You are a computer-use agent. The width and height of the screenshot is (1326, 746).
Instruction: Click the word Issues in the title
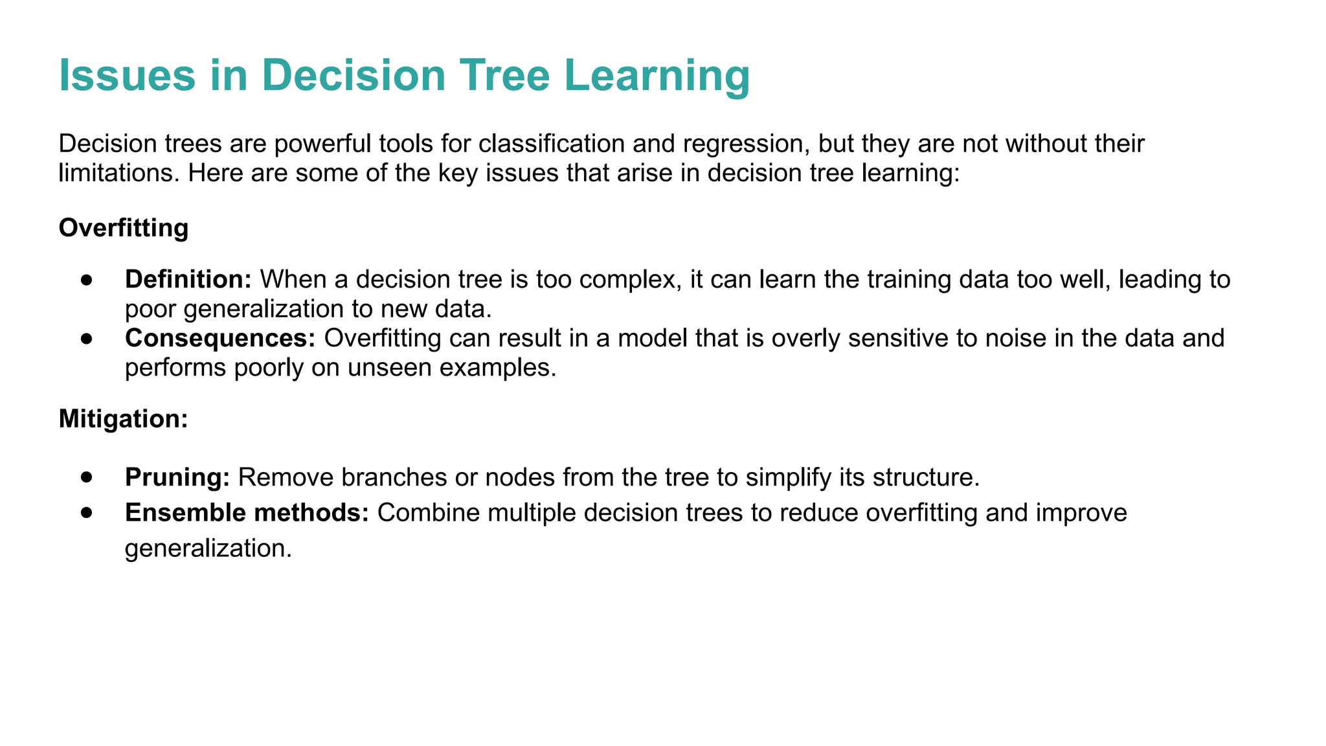(127, 75)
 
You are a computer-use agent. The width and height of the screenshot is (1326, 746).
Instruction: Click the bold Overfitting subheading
(124, 228)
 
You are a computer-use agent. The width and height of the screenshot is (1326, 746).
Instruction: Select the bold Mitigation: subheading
(123, 419)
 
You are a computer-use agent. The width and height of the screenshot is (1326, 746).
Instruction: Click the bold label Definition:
(188, 279)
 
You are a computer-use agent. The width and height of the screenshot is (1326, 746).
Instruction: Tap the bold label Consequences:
(219, 338)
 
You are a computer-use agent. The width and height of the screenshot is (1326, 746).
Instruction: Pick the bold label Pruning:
(177, 477)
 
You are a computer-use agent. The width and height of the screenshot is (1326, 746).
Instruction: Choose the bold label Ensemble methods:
(247, 513)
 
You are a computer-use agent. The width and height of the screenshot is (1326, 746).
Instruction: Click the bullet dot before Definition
(87, 280)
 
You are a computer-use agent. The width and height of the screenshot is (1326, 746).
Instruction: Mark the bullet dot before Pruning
(87, 477)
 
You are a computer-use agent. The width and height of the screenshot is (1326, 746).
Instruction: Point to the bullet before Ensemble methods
(87, 513)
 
